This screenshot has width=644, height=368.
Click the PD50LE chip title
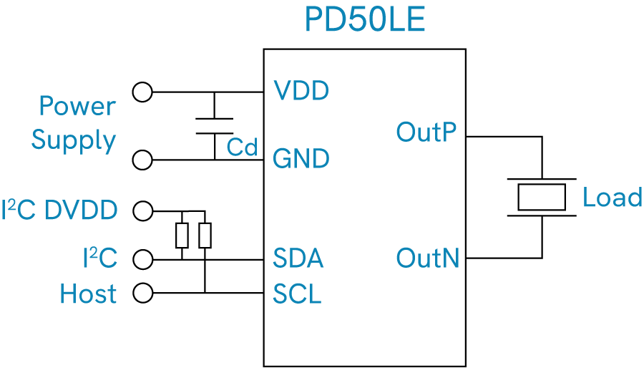point(365,19)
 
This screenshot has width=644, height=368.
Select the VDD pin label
point(301,91)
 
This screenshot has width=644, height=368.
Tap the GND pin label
point(301,158)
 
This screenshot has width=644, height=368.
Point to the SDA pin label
point(298,258)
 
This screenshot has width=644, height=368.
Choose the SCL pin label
point(297,294)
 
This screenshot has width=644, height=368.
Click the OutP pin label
point(426,132)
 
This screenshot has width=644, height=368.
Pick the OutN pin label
point(428,258)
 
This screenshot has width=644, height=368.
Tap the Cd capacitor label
point(243,147)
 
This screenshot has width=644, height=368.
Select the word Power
point(77,106)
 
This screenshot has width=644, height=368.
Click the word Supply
point(74,141)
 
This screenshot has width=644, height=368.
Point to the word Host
point(88,294)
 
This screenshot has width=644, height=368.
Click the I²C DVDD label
point(59,210)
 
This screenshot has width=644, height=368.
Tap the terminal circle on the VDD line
point(142,92)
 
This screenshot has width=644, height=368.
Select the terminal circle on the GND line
point(142,160)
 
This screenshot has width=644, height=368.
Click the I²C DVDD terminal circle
point(143,211)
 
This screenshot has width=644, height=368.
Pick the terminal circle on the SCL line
point(143,294)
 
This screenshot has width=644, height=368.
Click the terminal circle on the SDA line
point(143,260)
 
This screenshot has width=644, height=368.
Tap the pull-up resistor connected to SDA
point(182,236)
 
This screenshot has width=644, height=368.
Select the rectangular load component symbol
point(542,198)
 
